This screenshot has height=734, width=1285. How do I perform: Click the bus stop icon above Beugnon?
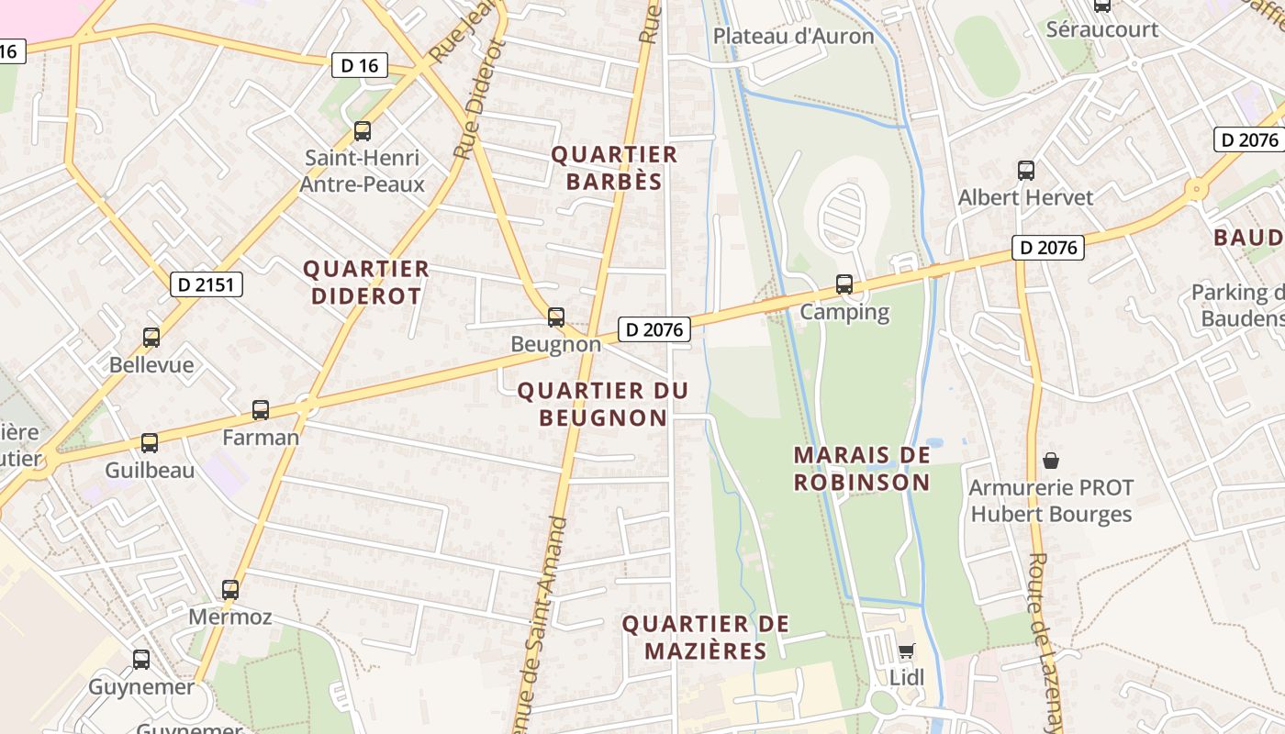(555, 317)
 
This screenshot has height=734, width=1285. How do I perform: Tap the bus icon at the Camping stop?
(844, 284)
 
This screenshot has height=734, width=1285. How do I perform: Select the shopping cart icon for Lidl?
(906, 651)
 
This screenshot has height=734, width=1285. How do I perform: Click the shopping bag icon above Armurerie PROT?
(1051, 460)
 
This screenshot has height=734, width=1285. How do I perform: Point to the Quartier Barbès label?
(614, 168)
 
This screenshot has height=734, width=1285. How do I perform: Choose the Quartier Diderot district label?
(366, 283)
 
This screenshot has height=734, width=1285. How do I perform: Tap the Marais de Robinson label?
(862, 468)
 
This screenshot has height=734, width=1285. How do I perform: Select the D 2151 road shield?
(207, 285)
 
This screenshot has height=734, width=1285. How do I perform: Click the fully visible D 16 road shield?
(359, 65)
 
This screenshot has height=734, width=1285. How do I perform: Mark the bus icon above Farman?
(261, 410)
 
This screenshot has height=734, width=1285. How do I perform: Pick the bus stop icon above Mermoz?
(230, 589)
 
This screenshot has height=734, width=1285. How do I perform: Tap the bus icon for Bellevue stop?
(151, 338)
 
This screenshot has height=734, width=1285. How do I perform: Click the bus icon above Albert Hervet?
(1026, 171)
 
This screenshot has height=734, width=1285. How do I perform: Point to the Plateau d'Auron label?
(794, 36)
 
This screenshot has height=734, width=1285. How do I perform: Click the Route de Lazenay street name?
(1045, 642)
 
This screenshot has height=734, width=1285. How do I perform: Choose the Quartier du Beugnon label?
(603, 404)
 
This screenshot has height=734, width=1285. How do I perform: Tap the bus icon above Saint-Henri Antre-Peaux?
(363, 131)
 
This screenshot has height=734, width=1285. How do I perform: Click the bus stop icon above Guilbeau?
(150, 443)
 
